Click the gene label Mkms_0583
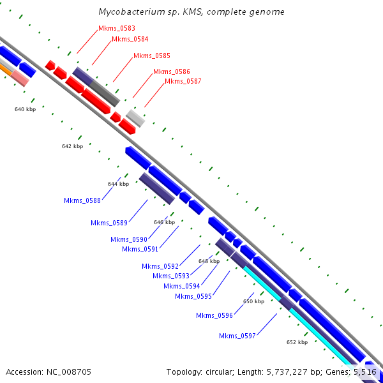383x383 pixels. click(x=112, y=29)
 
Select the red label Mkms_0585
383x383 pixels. click(x=151, y=56)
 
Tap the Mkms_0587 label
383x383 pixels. click(x=183, y=81)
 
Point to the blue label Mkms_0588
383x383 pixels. click(x=82, y=200)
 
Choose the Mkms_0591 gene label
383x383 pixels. click(x=140, y=249)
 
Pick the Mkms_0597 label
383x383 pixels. click(x=237, y=336)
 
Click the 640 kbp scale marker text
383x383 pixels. click(x=25, y=109)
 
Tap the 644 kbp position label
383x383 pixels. click(x=118, y=184)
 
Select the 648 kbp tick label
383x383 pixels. click(x=209, y=261)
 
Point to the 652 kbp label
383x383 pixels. click(x=297, y=342)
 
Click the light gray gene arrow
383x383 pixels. click(x=135, y=117)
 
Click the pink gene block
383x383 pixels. click(x=20, y=78)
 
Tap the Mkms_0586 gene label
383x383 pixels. click(x=171, y=71)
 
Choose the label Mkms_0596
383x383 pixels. click(x=214, y=315)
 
